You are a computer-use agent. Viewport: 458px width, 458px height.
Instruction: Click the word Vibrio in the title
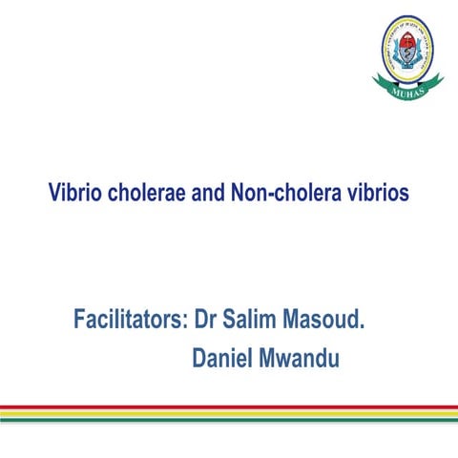click(x=73, y=193)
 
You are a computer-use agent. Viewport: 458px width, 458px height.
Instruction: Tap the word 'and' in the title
click(x=205, y=193)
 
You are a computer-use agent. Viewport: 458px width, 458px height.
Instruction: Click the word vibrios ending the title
click(x=377, y=193)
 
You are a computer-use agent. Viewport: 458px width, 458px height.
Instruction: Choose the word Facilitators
click(x=129, y=319)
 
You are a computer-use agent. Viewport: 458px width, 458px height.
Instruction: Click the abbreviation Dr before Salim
click(x=207, y=319)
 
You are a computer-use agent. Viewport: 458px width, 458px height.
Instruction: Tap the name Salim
click(x=253, y=319)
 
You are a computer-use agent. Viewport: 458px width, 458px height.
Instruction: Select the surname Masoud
click(x=325, y=319)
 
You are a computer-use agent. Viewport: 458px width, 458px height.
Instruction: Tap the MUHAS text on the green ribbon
click(x=408, y=94)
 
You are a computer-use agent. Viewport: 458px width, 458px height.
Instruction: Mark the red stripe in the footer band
click(x=229, y=408)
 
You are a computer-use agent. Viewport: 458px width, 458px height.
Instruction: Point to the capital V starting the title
click(x=54, y=193)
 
